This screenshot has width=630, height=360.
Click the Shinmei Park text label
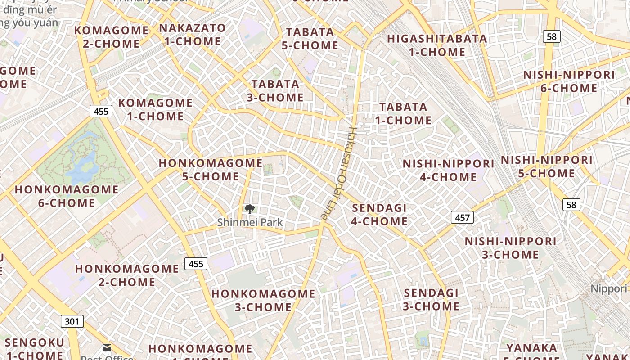click(250, 222)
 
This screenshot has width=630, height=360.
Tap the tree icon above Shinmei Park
click(249, 209)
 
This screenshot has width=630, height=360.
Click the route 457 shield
click(462, 218)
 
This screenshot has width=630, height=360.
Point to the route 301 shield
click(72, 321)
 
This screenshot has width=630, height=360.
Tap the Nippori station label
click(608, 289)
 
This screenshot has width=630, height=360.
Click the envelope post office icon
click(107, 347)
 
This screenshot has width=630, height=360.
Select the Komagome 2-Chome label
click(111, 37)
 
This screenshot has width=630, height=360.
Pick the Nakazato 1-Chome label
click(192, 35)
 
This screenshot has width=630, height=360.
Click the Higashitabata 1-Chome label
click(437, 45)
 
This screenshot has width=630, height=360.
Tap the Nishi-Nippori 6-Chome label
click(569, 81)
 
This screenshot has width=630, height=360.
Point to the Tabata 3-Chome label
click(275, 90)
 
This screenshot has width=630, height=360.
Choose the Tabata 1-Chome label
click(403, 113)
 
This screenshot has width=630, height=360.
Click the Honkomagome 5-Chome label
click(211, 170)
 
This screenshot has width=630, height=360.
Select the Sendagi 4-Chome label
click(379, 215)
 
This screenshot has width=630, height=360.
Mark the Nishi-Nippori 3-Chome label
click(510, 248)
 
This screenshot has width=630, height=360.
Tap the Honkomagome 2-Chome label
click(127, 275)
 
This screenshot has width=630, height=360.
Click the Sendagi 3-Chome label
click(431, 300)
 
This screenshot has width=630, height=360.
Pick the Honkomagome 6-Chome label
click(67, 196)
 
